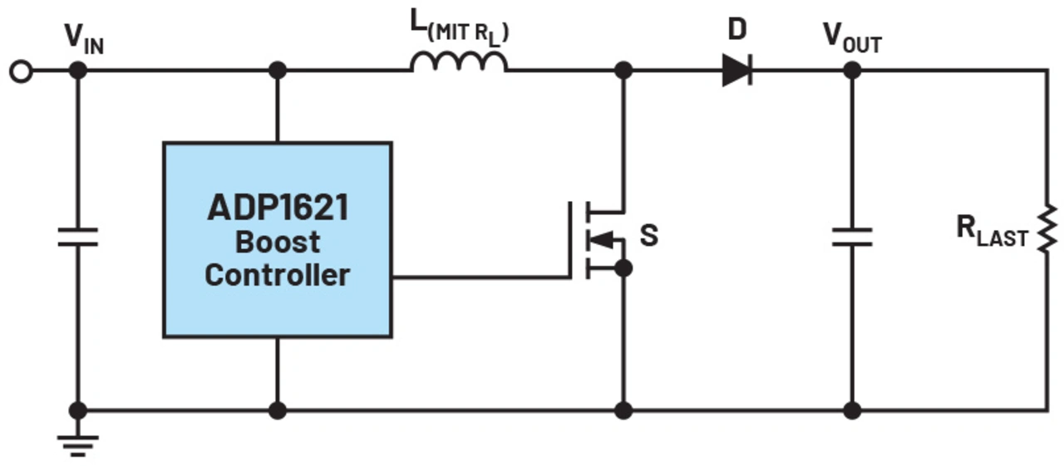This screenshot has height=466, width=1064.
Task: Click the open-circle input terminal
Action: tap(22, 71)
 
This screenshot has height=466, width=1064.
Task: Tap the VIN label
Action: tap(84, 40)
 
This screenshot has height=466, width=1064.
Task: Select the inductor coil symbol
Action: tap(459, 62)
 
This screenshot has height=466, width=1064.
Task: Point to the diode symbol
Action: tap(737, 71)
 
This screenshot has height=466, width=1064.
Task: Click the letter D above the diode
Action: tap(737, 29)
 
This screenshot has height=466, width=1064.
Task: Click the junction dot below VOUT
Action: tap(852, 71)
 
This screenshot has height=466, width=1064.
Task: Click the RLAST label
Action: tap(992, 231)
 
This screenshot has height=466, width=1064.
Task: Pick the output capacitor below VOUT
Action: tap(852, 238)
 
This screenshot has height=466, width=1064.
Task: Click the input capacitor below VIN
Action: tap(78, 238)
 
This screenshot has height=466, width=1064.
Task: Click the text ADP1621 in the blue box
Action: tap(278, 208)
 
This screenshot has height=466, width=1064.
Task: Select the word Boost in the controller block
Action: tap(278, 242)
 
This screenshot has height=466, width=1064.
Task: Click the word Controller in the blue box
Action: tap(278, 275)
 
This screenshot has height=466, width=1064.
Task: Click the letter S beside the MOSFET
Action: tap(649, 235)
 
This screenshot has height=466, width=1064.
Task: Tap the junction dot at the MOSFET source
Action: tap(623, 268)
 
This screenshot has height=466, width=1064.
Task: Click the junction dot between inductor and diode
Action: tap(623, 71)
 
